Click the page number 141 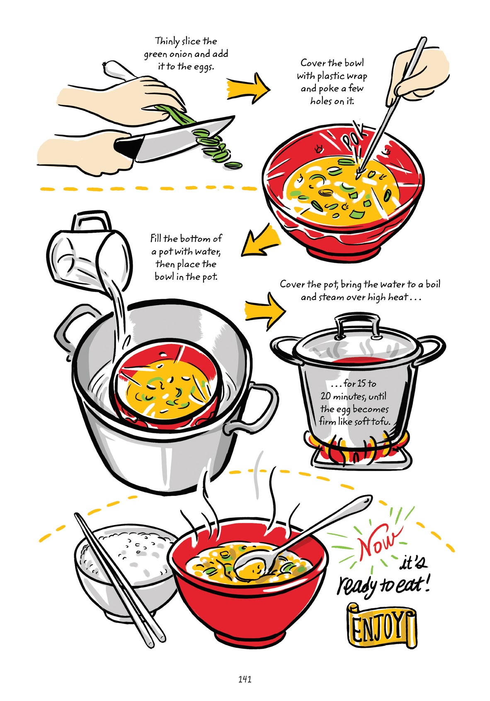(245, 679)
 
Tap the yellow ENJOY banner (381, 625)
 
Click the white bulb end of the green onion (116, 71)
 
